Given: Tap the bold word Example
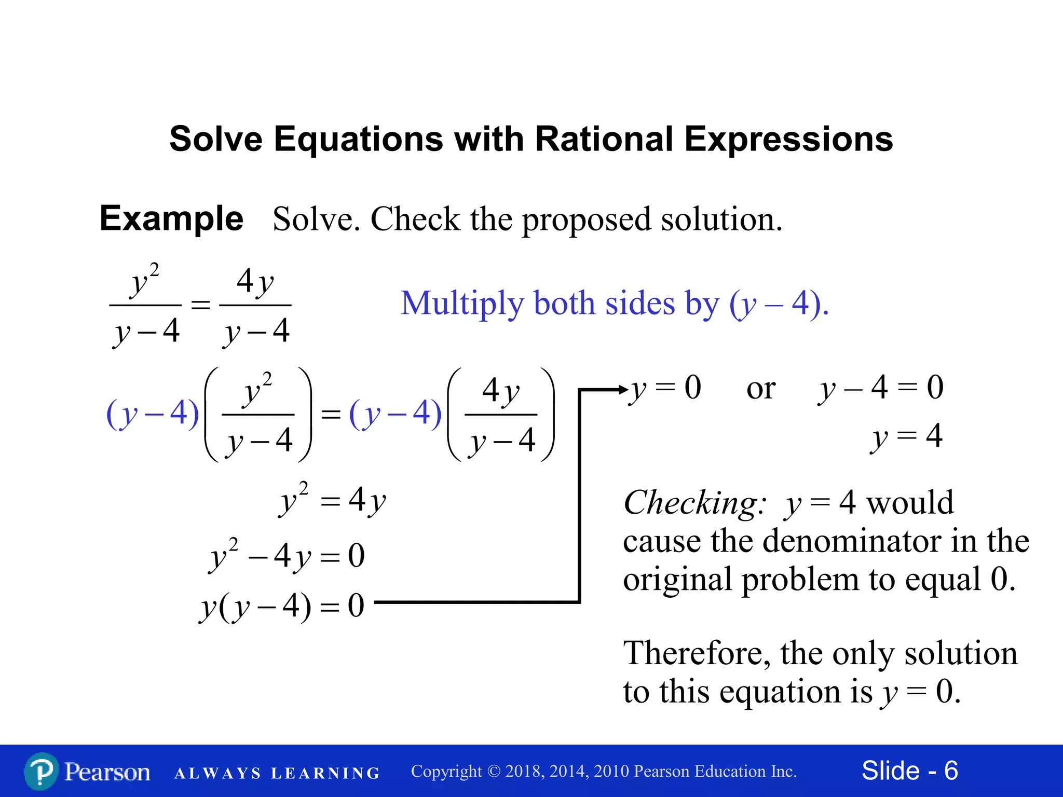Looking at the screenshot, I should [171, 218].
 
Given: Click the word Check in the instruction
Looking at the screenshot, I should [415, 219].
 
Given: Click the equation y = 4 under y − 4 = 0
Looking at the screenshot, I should [906, 436].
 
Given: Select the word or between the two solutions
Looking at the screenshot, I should [760, 389].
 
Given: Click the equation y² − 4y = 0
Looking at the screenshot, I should [287, 556].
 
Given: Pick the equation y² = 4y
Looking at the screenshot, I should [332, 501].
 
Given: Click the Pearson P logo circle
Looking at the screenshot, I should [41, 771].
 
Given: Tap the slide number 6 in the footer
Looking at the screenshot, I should [951, 771].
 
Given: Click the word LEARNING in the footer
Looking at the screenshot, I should [325, 773].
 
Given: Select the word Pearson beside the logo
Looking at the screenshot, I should [107, 772].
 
